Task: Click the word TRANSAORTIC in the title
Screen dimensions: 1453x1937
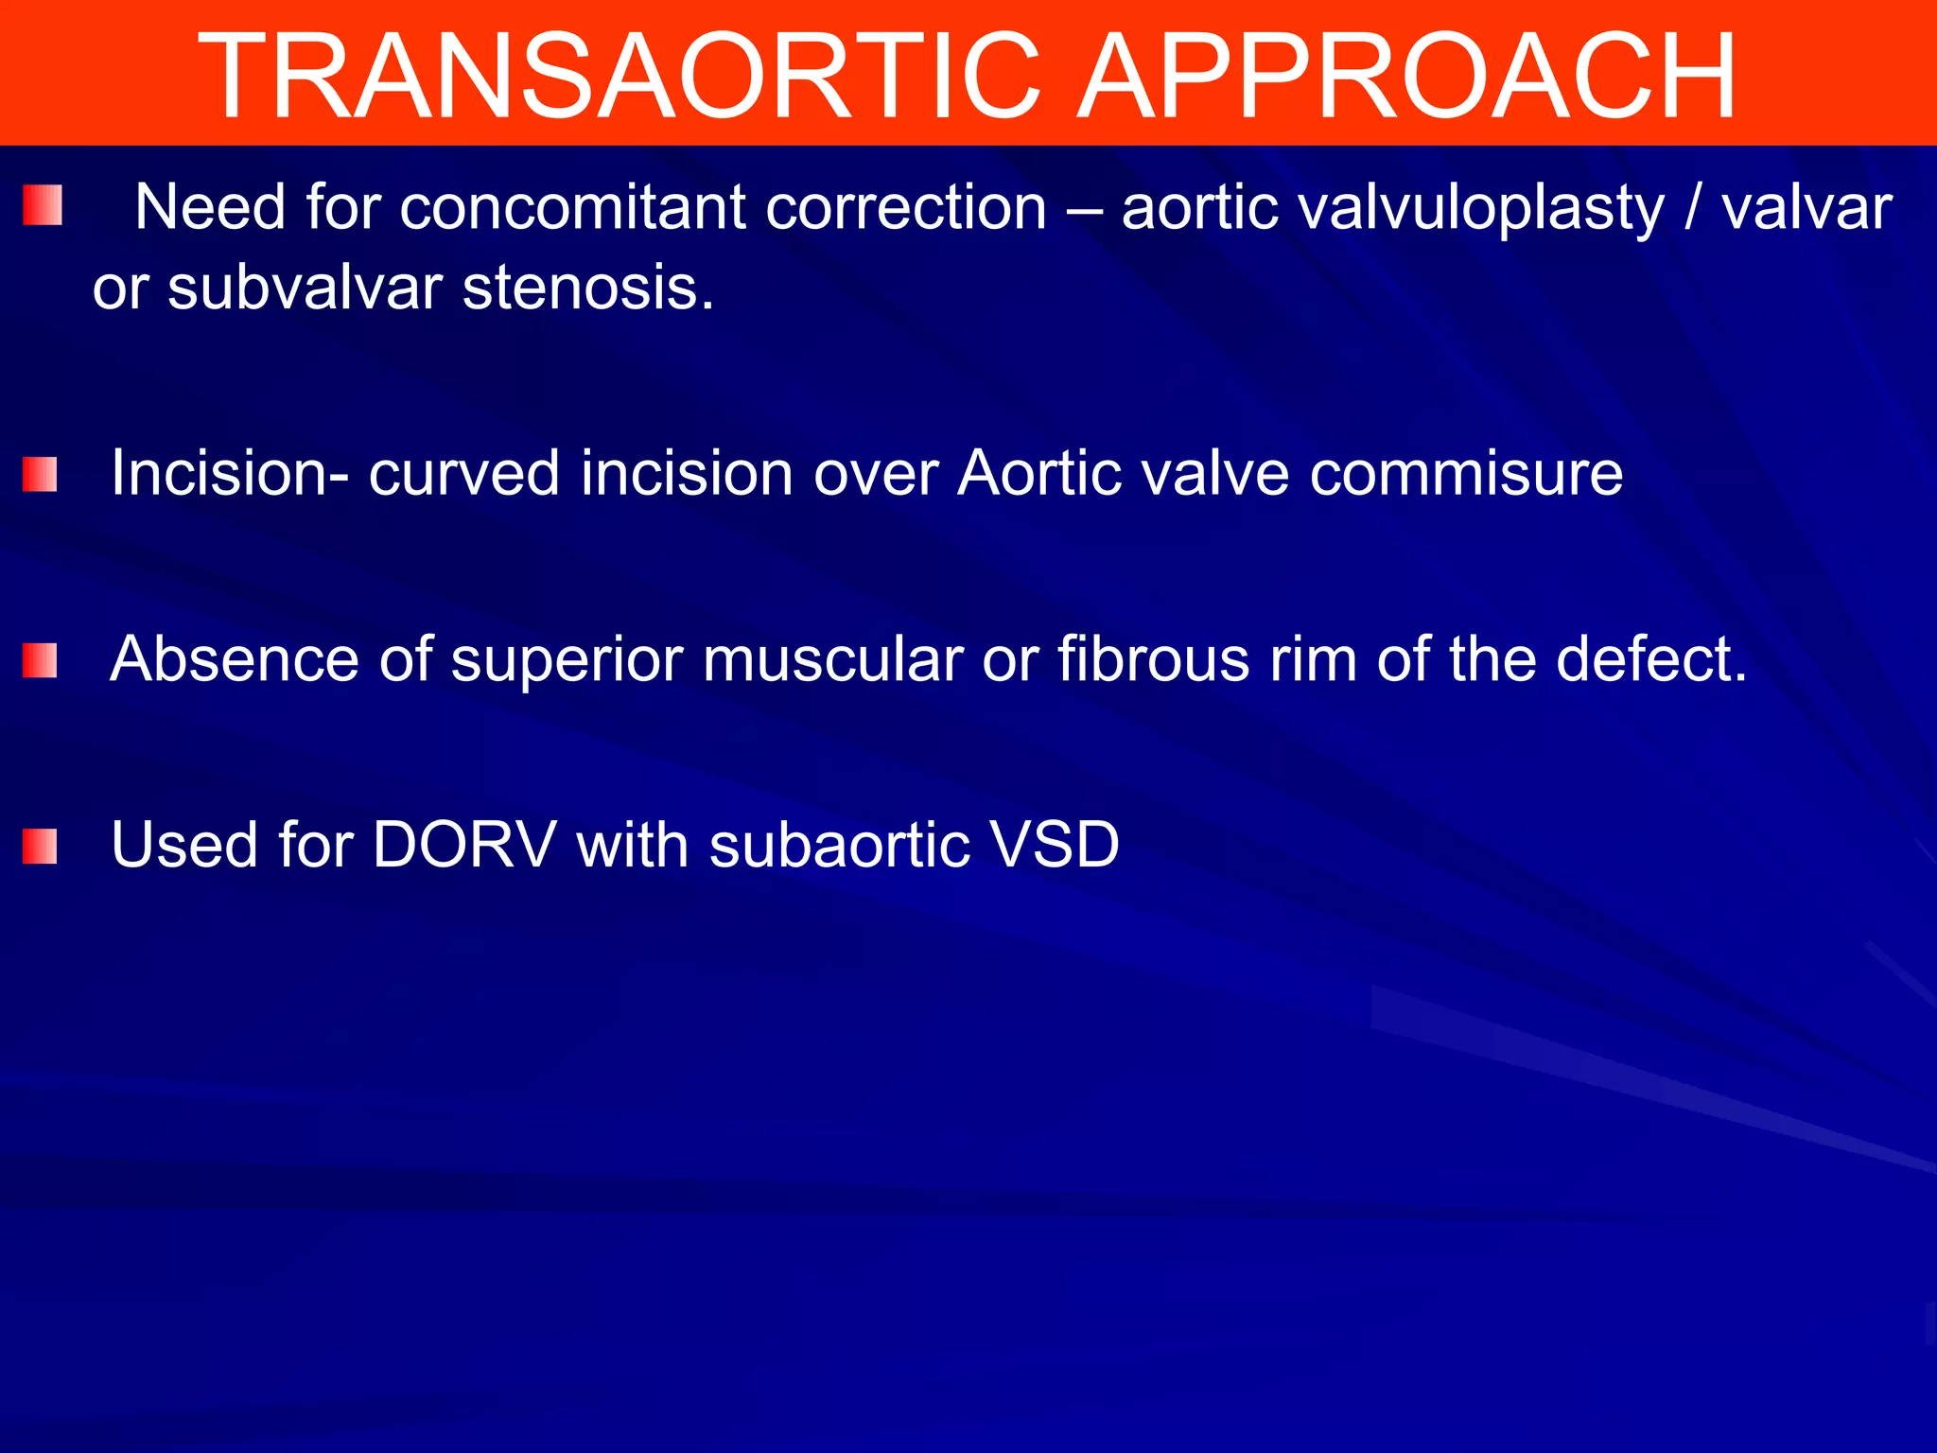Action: (619, 76)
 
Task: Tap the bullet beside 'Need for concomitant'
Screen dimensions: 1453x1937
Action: (43, 205)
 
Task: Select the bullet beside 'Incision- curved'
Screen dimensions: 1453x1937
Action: (40, 475)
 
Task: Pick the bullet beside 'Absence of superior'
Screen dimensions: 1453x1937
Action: (40, 660)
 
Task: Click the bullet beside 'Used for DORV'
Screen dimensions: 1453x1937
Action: (40, 847)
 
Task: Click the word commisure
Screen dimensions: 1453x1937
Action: (1466, 473)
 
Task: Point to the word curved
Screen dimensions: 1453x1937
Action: (463, 473)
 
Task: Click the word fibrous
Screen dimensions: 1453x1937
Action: (1154, 659)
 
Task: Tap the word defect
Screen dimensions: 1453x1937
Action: (1650, 659)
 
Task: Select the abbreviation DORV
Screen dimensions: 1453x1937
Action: (463, 845)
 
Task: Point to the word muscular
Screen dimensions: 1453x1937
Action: (832, 659)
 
